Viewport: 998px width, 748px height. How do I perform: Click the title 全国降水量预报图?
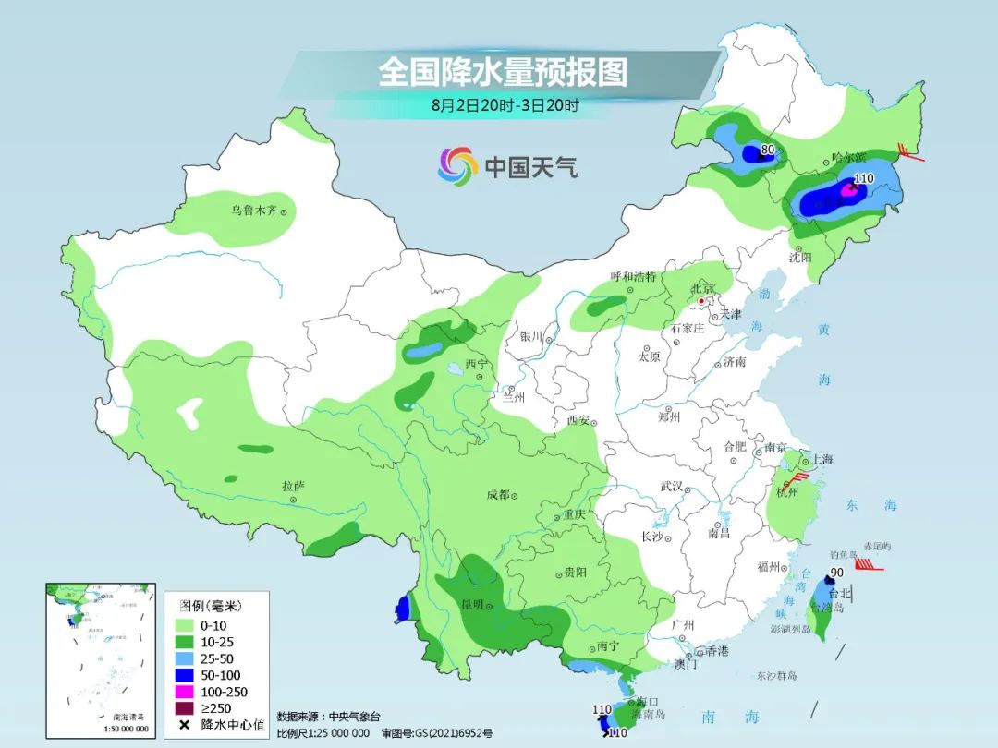coord(503,72)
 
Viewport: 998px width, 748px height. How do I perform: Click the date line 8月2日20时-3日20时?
coord(505,105)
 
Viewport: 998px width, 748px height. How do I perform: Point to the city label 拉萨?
coord(293,486)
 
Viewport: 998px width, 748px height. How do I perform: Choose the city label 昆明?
coord(472,605)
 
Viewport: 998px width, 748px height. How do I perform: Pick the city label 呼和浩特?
coord(633,277)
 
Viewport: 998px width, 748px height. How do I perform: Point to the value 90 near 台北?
coord(837,573)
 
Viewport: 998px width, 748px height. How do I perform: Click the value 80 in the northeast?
coord(767,149)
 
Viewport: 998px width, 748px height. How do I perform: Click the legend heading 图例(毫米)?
coord(210,606)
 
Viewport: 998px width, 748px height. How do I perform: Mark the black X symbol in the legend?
coord(185,725)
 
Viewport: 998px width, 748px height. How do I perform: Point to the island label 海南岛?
coord(653,715)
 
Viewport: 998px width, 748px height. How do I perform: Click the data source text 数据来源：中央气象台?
coord(328,717)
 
